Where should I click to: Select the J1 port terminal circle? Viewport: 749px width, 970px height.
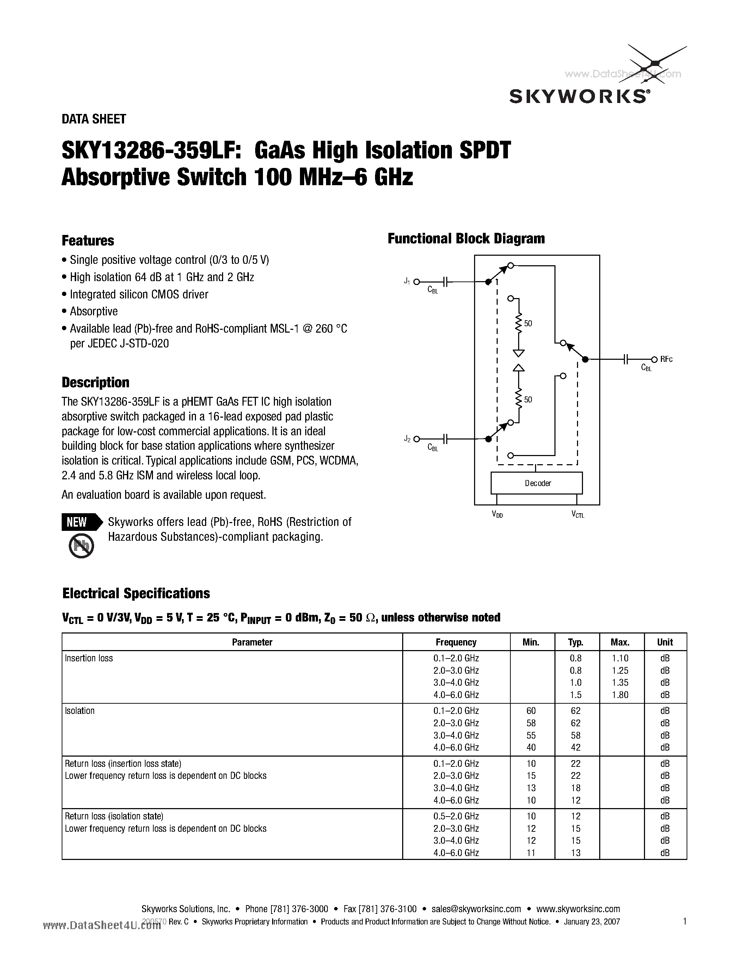(417, 281)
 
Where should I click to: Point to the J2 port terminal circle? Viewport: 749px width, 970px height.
(417, 439)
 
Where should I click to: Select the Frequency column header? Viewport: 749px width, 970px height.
(456, 642)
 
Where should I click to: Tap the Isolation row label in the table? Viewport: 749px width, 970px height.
(80, 711)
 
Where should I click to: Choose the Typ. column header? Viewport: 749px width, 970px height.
(576, 642)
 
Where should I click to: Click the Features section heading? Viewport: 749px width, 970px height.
(88, 241)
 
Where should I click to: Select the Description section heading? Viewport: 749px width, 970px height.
(96, 382)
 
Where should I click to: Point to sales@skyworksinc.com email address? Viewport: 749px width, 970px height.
(476, 909)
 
